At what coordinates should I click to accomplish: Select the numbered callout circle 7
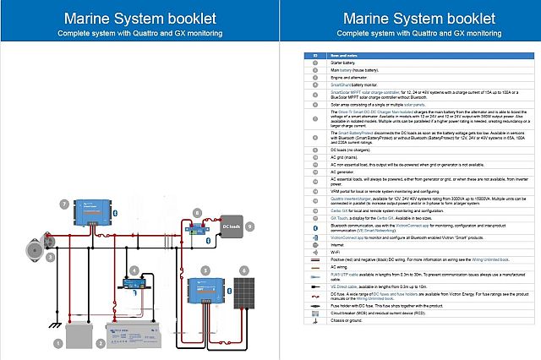point(64,204)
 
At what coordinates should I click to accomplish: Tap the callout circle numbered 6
point(245,270)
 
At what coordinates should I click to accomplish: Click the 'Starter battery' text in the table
point(342,62)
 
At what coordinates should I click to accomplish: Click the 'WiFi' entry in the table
point(334,251)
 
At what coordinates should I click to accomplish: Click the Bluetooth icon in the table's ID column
point(315,227)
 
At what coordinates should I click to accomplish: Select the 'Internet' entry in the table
point(336,245)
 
